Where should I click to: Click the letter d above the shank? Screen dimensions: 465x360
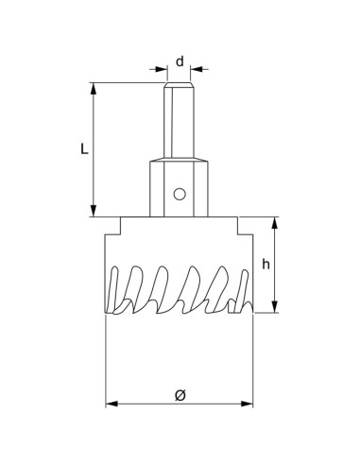pyautogui.click(x=180, y=60)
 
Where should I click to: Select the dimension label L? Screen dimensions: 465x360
pyautogui.click(x=83, y=149)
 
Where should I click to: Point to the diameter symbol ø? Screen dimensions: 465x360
pyautogui.click(x=180, y=395)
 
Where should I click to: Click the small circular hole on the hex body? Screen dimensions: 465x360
pyautogui.click(x=178, y=196)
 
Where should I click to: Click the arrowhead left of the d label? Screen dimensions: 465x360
pyautogui.click(x=162, y=68)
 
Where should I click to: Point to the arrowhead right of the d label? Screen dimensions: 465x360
pyautogui.click(x=197, y=68)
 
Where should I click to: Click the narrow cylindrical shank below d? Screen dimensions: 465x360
pyautogui.click(x=180, y=123)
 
